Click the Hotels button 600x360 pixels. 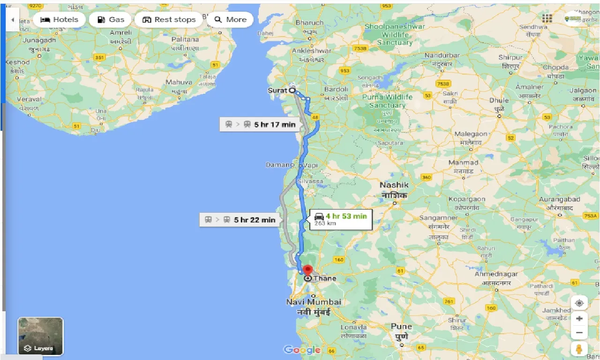[59, 20]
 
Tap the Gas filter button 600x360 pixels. [111, 20]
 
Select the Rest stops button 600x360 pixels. [169, 20]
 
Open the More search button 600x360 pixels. [230, 20]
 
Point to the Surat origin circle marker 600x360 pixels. [292, 90]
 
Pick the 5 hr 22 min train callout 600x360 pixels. [240, 219]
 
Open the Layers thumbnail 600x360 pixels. [40, 336]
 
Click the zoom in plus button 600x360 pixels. [579, 318]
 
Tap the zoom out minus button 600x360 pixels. [579, 333]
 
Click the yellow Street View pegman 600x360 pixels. [579, 349]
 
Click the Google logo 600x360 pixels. [302, 350]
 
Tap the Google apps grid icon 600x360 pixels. [547, 18]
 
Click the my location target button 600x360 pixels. [579, 303]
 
